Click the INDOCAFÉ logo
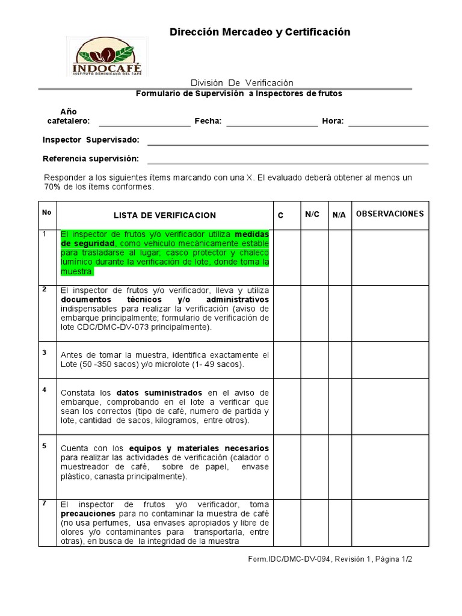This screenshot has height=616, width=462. click(107, 56)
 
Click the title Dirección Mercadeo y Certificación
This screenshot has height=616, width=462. click(259, 32)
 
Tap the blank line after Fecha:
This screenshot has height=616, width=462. click(271, 122)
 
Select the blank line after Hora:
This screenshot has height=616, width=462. click(388, 122)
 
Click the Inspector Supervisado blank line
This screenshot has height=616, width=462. click(288, 140)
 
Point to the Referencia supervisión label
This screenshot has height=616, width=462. click(91, 159)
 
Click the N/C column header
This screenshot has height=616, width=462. click(312, 214)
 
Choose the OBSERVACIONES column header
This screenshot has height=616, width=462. click(390, 214)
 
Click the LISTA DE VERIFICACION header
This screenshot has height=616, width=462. click(164, 215)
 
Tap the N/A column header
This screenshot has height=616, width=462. click(339, 215)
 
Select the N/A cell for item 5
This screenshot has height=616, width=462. click(339, 464)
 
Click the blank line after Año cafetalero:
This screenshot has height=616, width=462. click(144, 122)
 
